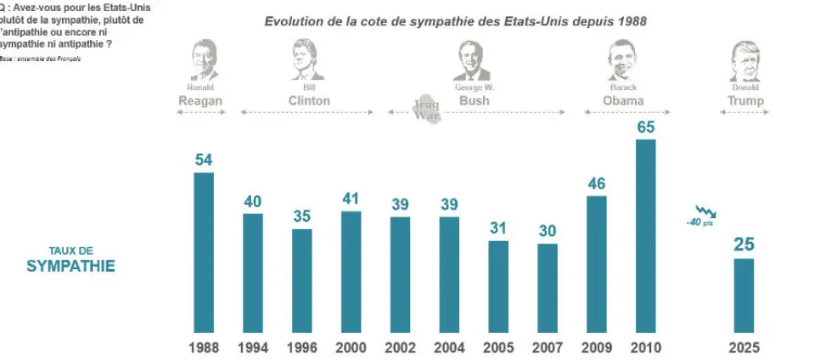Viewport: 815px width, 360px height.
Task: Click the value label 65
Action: pos(646,127)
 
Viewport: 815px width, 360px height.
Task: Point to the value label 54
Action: pos(204,160)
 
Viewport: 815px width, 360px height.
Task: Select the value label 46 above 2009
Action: pos(597,183)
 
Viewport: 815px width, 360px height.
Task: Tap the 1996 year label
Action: pos(302,347)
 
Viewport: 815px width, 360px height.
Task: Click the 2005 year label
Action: pos(498,347)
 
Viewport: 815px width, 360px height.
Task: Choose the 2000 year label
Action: pos(351,347)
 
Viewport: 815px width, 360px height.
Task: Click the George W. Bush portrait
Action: pos(473,59)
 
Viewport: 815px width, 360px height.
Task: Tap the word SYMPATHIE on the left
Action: pos(70,266)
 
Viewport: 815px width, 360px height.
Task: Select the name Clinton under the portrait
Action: pos(308,101)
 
